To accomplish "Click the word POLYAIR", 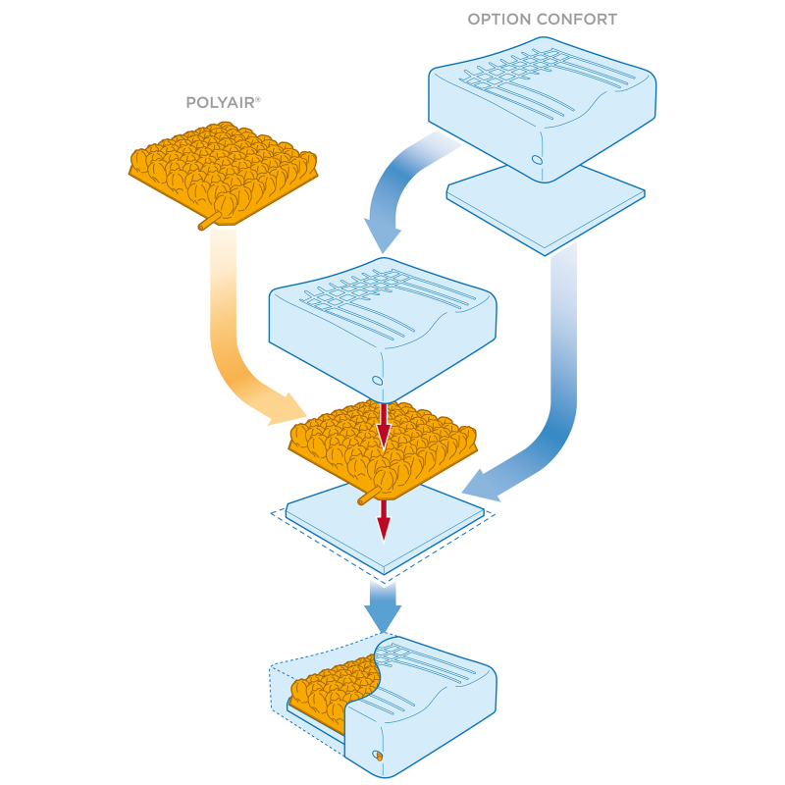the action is pyautogui.click(x=220, y=103).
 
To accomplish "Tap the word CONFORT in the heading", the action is pyautogui.click(x=580, y=20).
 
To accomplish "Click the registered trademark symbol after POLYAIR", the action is pyautogui.click(x=258, y=99).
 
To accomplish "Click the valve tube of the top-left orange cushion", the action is pyautogui.click(x=209, y=220).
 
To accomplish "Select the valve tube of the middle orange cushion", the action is pyautogui.click(x=369, y=496).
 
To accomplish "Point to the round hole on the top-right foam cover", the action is pyautogui.click(x=537, y=160).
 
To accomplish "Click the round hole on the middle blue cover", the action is pyautogui.click(x=378, y=381).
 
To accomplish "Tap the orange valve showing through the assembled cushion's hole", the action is pyautogui.click(x=379, y=756).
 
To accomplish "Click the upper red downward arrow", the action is pyautogui.click(x=384, y=426).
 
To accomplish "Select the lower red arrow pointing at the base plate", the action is pyautogui.click(x=384, y=521).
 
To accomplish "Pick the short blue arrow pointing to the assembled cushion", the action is pyautogui.click(x=383, y=606).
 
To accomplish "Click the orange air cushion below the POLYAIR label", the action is pyautogui.click(x=224, y=173).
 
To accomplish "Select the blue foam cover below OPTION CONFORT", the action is pyautogui.click(x=543, y=109).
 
